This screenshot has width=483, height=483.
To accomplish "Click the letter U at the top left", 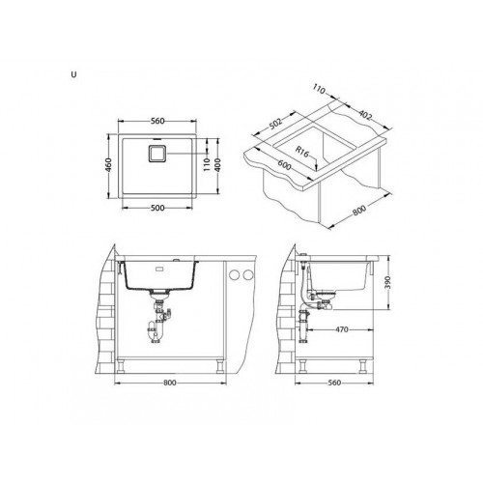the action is pyautogui.click(x=74, y=74).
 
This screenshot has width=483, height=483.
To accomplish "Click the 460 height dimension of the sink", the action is pyautogui.click(x=109, y=165).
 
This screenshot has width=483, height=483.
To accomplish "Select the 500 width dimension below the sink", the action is pyautogui.click(x=157, y=208).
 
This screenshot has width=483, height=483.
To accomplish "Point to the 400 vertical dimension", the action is pyautogui.click(x=218, y=165).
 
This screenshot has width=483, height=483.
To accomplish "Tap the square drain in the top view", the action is pyautogui.click(x=156, y=154).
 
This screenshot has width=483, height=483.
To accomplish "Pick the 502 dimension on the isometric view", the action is pyautogui.click(x=275, y=124).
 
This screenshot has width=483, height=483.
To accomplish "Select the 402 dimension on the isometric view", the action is pyautogui.click(x=365, y=115).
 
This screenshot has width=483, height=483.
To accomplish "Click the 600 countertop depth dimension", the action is pyautogui.click(x=284, y=165).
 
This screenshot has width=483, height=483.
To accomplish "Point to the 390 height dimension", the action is pyautogui.click(x=387, y=283).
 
